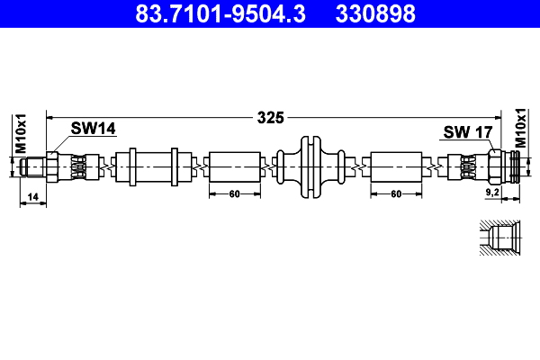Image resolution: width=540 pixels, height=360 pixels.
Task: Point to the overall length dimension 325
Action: (270, 117)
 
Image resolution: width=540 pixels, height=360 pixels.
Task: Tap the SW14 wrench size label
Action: (94, 130)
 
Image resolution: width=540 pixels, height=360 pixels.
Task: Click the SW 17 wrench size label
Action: (467, 132)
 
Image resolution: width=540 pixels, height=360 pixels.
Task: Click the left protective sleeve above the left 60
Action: (235, 166)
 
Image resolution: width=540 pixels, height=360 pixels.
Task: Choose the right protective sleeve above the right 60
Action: (396, 166)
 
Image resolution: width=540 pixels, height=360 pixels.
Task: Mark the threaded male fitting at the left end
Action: (34, 166)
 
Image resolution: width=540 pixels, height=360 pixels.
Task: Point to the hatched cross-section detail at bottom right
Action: (496, 240)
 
